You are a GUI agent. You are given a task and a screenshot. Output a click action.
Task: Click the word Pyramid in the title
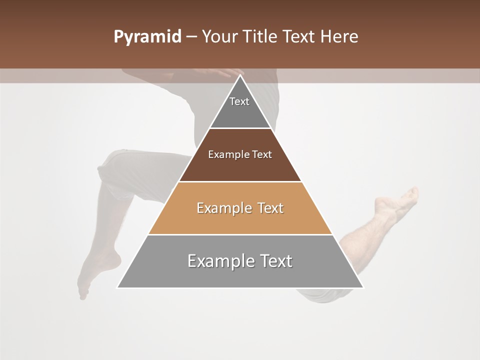pyautogui.click(x=147, y=37)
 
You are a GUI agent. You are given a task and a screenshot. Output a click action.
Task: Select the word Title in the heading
pyautogui.click(x=260, y=37)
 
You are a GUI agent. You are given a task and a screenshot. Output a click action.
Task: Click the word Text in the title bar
pyautogui.click(x=299, y=37)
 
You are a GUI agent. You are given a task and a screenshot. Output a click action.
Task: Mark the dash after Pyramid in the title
pyautogui.click(x=191, y=37)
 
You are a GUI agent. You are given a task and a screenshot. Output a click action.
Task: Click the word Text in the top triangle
pyautogui.click(x=239, y=101)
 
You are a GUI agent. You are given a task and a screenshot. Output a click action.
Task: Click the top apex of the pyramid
pyautogui.click(x=240, y=75)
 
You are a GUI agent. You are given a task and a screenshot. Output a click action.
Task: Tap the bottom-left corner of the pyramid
pyautogui.click(x=117, y=287)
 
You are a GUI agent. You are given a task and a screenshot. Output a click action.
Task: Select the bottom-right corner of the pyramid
pyautogui.click(x=363, y=287)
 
